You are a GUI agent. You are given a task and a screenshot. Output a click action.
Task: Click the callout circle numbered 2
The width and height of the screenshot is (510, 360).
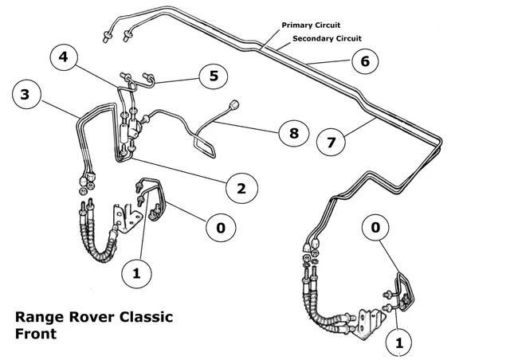point(241,188)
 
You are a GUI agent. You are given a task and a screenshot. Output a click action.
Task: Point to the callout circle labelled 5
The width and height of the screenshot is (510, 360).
point(213,76)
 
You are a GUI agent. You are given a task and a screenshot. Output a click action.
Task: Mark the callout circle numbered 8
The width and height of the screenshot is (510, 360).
point(294,133)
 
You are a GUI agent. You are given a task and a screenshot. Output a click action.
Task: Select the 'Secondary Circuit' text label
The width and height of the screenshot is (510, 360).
point(327,38)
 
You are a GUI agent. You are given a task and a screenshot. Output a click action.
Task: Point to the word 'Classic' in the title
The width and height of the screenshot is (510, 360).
point(146,317)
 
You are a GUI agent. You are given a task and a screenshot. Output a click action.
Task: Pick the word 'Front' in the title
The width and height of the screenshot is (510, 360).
point(36,334)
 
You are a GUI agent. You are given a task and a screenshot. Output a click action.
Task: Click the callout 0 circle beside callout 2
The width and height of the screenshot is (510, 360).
point(221,228)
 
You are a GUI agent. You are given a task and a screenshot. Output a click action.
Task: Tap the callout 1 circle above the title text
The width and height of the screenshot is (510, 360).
point(136,273)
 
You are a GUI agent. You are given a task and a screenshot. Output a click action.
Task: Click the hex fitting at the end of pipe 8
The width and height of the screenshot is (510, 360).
point(233,104)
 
